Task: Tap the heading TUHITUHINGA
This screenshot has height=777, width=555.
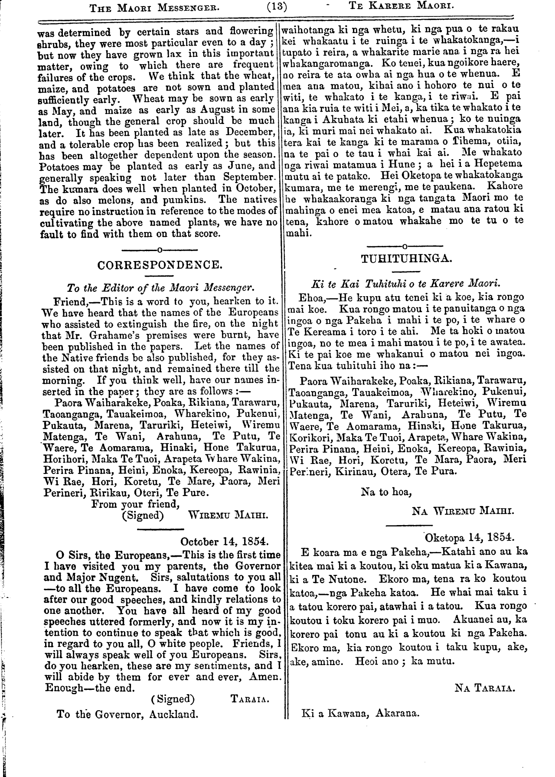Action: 407,259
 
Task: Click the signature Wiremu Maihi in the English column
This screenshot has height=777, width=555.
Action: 229,516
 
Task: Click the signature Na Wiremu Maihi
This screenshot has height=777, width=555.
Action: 463,511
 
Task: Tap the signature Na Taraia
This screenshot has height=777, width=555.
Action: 485,688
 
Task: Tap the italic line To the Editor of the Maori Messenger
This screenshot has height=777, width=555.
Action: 160,287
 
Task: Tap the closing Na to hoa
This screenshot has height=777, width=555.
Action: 386,492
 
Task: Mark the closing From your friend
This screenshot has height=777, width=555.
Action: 135,504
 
